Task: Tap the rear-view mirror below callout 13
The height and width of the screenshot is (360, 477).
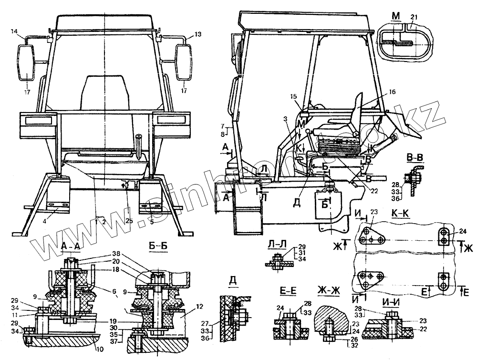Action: [184, 62]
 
